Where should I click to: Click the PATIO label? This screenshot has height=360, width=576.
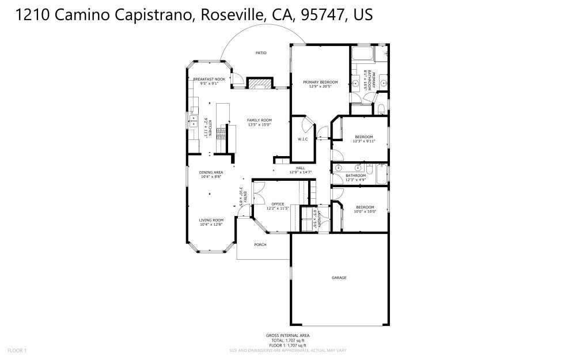click(261, 53)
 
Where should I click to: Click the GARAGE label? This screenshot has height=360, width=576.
click(339, 278)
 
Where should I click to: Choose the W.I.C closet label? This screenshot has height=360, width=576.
click(303, 139)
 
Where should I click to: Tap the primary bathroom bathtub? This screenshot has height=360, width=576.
click(362, 56)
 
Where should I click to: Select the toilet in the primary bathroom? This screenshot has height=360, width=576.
click(381, 109)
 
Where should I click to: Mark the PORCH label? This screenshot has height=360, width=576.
click(260, 244)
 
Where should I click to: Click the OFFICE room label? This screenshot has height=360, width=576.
click(278, 204)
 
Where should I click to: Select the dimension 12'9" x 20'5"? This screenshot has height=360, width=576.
click(320, 87)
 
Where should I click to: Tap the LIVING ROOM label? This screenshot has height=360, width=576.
click(211, 220)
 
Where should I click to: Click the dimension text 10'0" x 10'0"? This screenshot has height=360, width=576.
click(365, 211)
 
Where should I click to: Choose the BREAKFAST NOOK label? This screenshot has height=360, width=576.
click(209, 79)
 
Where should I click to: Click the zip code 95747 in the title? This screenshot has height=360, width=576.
click(323, 15)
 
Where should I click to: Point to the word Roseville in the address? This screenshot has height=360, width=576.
click(232, 15)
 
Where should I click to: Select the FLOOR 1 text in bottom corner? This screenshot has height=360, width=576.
click(17, 350)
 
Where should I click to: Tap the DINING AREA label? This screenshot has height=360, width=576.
click(211, 172)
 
